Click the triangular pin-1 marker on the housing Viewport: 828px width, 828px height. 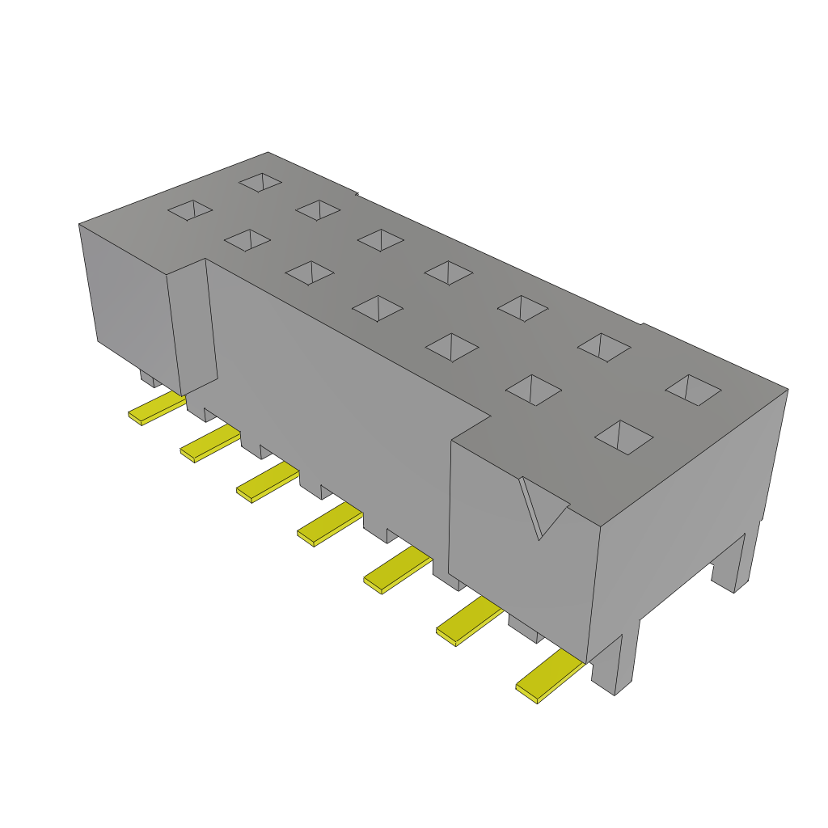click(542, 506)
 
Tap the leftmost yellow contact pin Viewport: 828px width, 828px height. click(157, 409)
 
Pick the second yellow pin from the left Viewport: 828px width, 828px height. click(210, 444)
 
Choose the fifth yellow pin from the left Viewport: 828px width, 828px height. click(397, 569)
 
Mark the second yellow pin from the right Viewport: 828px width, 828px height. click(469, 621)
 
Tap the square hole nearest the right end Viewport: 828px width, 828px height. click(693, 390)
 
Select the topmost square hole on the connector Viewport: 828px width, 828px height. click(260, 182)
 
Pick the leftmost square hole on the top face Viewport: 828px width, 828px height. click(190, 210)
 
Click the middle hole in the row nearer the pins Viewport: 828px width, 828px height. click(378, 307)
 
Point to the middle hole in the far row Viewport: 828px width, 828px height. click(449, 272)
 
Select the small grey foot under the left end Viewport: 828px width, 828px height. click(149, 378)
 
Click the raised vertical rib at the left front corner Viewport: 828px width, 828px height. click(194, 327)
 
